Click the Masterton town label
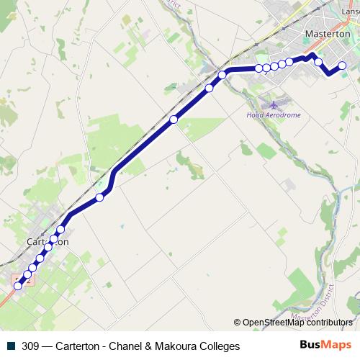coord(328,34)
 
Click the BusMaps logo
coord(325,346)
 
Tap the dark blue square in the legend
coord(12,346)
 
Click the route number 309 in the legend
coord(30,346)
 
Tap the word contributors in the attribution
coord(329,323)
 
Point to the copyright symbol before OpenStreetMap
coord(237,323)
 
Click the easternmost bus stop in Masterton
coord(343,66)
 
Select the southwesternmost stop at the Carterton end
coord(18,286)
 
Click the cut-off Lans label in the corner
coord(351,11)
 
